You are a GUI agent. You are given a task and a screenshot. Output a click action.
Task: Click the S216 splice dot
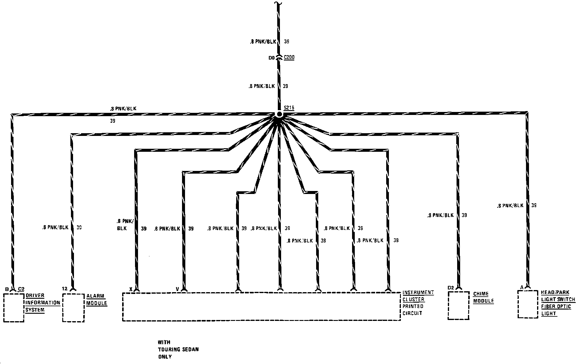click(279, 114)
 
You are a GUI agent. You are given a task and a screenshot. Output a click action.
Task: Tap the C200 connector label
click(289, 57)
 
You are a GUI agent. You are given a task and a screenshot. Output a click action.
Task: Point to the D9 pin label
click(272, 58)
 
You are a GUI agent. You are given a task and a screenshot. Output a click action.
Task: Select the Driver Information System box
click(14, 308)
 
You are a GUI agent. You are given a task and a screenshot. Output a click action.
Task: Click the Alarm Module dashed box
click(73, 308)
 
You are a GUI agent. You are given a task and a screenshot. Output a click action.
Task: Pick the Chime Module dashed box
click(458, 305)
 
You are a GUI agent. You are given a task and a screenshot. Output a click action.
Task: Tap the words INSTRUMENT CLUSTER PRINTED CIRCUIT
click(418, 303)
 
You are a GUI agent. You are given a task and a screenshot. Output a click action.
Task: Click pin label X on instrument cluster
click(131, 289)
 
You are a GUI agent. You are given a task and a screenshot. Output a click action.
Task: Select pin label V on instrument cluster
click(177, 289)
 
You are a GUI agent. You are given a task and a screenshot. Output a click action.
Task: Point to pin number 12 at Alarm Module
click(65, 289)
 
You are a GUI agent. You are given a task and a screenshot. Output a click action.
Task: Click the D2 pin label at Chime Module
click(451, 288)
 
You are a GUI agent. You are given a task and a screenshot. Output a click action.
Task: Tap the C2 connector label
click(21, 289)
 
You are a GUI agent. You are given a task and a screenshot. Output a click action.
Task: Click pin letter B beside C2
click(7, 289)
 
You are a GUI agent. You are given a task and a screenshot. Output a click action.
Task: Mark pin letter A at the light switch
click(522, 287)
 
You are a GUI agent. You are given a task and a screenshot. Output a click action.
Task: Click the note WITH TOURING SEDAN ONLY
click(178, 349)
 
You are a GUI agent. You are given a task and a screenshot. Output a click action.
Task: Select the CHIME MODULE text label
click(483, 297)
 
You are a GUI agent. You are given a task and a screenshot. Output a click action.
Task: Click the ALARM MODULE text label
click(96, 299)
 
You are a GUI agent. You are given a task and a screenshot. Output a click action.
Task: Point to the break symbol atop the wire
click(278, 3)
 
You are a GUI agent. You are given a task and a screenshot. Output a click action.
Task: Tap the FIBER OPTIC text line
click(556, 306)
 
